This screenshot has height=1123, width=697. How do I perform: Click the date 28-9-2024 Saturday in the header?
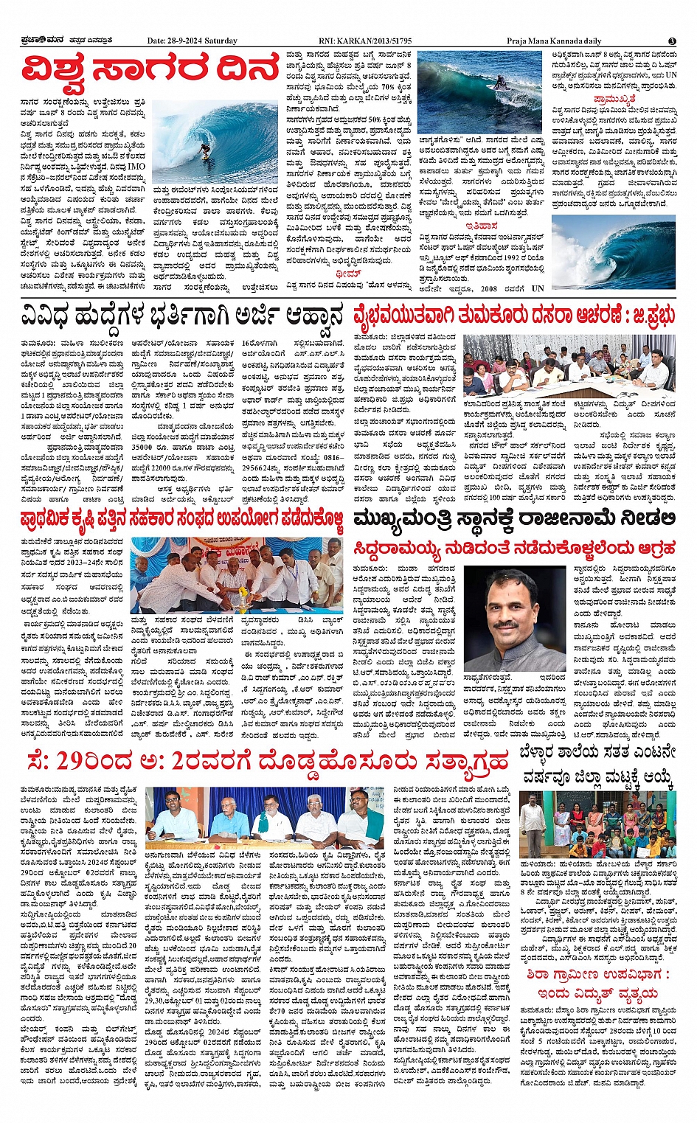(x=192, y=41)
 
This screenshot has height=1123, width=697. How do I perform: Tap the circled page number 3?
(x=672, y=41)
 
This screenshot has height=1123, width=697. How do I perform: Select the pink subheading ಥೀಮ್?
(x=347, y=273)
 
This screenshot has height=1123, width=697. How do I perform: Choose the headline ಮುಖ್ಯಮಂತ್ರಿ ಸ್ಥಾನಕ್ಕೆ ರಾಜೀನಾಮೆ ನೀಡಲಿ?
(x=514, y=518)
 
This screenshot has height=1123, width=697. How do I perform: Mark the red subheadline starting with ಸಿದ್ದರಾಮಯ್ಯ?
(x=514, y=548)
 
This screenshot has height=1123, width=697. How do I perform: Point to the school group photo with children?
(x=597, y=825)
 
